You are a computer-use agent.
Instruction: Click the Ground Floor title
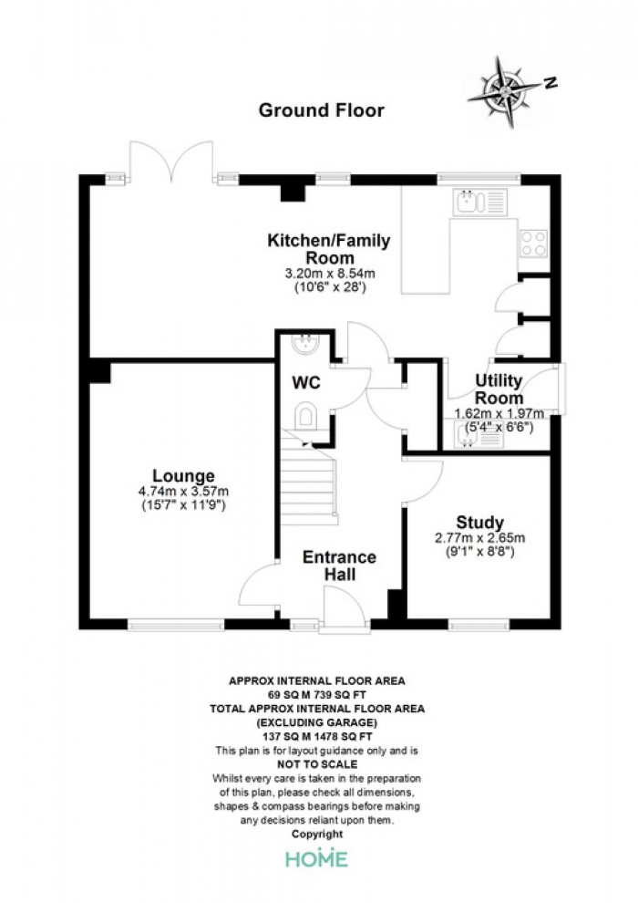(x=321, y=110)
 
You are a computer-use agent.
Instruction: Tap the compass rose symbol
(x=506, y=91)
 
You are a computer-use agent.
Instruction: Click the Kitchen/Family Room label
(x=328, y=248)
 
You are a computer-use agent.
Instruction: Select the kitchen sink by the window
(x=479, y=202)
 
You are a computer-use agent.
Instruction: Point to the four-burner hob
(x=533, y=243)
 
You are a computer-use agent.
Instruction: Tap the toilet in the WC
(x=305, y=415)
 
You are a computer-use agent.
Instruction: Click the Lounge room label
(x=183, y=476)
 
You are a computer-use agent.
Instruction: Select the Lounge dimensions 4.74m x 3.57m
(x=183, y=492)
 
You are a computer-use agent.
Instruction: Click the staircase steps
(x=308, y=477)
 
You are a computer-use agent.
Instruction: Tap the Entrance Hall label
(x=339, y=566)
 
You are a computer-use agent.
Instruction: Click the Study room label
(x=479, y=523)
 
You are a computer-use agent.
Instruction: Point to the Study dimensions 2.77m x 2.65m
(x=479, y=538)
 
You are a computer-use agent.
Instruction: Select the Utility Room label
(x=499, y=389)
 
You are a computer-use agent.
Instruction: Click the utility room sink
(x=478, y=435)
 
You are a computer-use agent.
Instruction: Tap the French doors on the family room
(x=171, y=161)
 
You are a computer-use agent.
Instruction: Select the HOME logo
(x=317, y=858)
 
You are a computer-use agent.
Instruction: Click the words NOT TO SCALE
(x=317, y=764)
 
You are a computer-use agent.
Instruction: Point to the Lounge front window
(x=176, y=624)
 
